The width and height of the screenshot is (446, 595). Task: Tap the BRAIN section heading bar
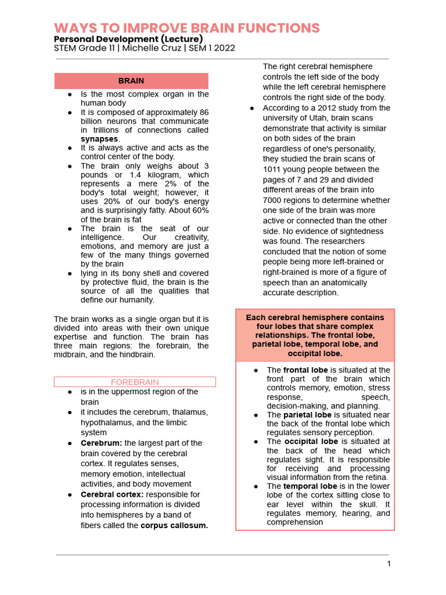(x=131, y=81)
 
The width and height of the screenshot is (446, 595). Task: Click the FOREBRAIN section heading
(x=135, y=382)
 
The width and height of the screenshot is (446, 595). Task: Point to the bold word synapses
(x=100, y=139)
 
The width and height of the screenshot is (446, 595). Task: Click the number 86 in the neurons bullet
(x=203, y=112)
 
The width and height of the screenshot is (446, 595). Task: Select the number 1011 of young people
(x=272, y=169)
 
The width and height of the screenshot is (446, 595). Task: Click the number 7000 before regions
(x=274, y=200)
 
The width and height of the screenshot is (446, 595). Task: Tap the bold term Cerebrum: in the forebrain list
(x=101, y=443)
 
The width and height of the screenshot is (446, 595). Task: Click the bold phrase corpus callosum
(x=174, y=525)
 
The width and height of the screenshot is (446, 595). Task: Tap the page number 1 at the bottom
(x=389, y=564)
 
